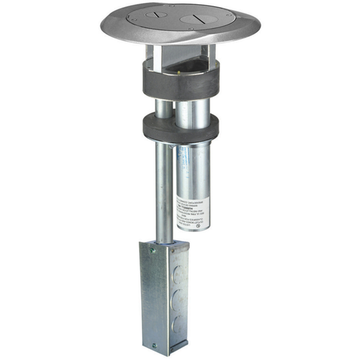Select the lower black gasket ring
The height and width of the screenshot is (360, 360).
coord(180,127)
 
